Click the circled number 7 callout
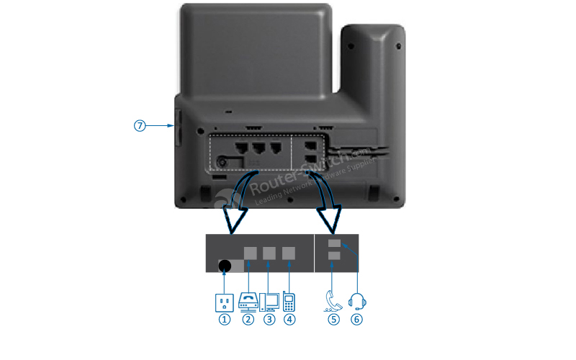coord(140,125)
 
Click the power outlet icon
coord(225,301)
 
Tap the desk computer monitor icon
coord(270,300)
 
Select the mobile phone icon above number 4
coord(289,300)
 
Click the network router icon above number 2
coord(248,301)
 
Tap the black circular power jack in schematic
coord(224,266)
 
